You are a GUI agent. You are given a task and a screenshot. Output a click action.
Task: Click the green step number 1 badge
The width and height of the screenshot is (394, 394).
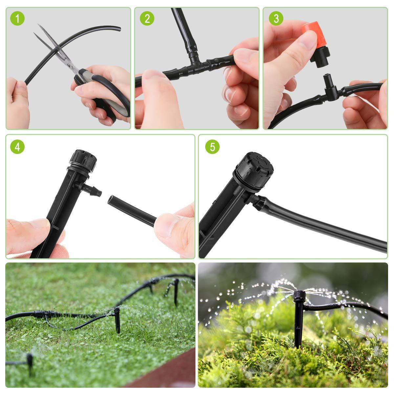click(17, 19)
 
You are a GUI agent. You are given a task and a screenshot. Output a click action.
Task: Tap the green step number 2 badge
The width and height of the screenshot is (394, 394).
click(147, 19)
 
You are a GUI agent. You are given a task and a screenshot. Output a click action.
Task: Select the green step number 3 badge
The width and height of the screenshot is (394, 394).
click(276, 19)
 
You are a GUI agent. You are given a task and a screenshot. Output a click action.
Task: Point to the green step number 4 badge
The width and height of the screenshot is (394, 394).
click(17, 147)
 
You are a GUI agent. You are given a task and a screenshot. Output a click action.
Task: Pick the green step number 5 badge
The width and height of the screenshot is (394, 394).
click(212, 147)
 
